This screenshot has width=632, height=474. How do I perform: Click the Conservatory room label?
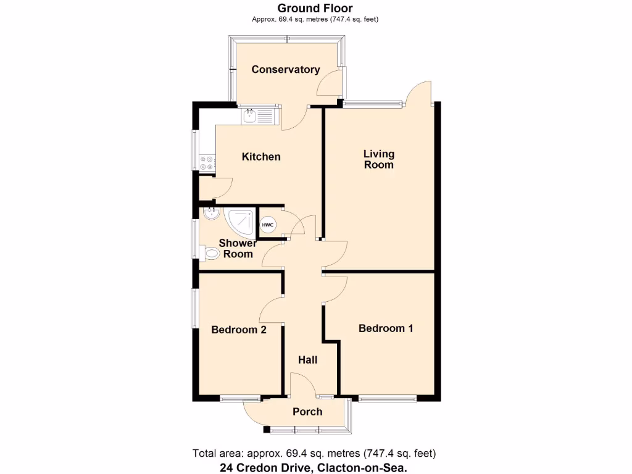[285, 69]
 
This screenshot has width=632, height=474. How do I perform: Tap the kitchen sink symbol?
[259, 115]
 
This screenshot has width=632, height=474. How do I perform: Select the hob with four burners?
[207, 163]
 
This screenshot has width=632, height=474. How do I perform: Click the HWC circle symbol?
[268, 225]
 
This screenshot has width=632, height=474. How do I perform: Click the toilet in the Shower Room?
[210, 252]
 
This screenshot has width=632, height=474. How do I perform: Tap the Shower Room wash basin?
[210, 214]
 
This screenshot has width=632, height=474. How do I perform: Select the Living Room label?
[378, 159]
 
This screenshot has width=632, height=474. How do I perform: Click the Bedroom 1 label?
[386, 328]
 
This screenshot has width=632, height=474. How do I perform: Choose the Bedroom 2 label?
[238, 330]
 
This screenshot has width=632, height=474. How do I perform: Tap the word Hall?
[308, 359]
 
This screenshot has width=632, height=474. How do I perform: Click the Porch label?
[307, 412]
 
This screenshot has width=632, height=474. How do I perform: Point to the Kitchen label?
[260, 157]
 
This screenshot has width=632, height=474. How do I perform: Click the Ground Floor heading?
[315, 8]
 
